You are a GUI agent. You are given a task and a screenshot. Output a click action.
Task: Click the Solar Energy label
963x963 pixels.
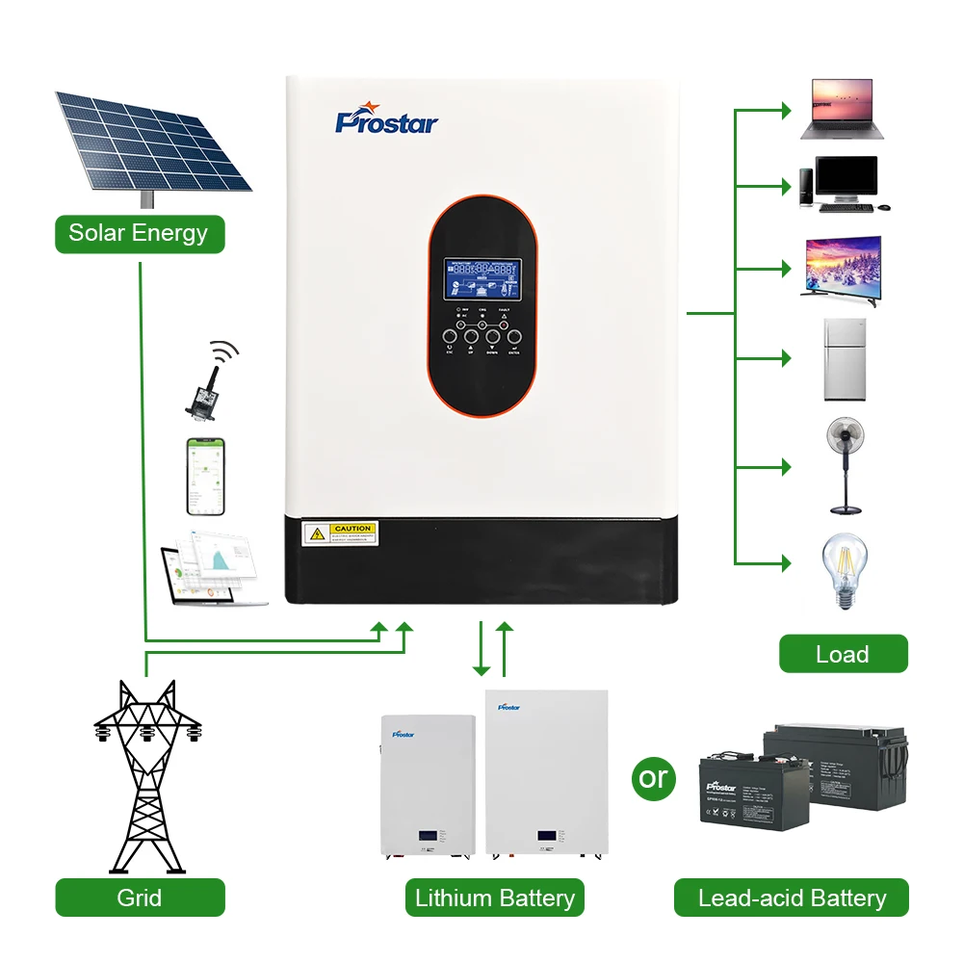point(139,234)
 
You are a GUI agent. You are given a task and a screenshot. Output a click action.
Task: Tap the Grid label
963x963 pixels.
point(140,898)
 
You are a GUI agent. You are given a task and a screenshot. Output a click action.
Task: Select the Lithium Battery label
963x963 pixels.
point(495,898)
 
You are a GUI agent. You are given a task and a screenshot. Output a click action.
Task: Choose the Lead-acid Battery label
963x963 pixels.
point(792,898)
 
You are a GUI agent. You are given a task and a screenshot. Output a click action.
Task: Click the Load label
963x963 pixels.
point(843,654)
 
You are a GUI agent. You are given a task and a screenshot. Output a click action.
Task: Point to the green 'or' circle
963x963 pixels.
point(653,776)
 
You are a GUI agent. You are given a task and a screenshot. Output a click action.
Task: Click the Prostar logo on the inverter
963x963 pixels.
point(386,122)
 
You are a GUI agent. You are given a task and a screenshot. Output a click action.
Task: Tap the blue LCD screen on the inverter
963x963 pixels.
point(481,282)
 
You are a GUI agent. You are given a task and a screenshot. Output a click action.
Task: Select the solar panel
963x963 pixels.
point(154,143)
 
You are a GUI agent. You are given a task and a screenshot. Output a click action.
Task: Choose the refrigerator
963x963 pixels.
point(845,358)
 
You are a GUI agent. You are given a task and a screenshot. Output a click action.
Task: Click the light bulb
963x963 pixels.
point(843,570)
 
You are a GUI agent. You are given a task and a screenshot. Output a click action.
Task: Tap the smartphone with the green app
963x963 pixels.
point(205,477)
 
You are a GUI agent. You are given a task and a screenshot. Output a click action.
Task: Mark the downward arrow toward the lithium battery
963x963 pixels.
point(481,650)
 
